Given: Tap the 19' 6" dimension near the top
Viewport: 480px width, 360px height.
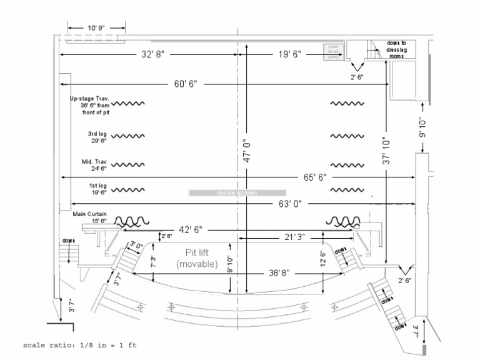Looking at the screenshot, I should coord(289,55).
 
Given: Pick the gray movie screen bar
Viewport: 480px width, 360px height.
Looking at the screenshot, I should coord(237,193).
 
